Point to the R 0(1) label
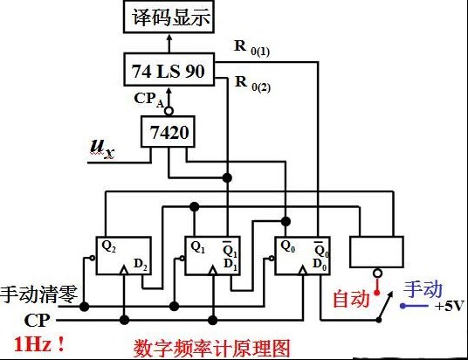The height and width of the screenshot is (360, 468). point(252,48)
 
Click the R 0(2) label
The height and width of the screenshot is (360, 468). point(252,84)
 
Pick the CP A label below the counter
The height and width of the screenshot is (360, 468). point(149,100)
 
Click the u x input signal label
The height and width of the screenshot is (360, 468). point(102,149)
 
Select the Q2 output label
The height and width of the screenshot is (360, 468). point(108,246)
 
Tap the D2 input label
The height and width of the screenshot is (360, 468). point(141,265)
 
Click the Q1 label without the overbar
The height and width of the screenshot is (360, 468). point(197,247)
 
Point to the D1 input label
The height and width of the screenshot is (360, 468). point(231,265)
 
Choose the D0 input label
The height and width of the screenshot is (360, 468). point(320,265)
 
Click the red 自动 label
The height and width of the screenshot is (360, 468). point(351,299)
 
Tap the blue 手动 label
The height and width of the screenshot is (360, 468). point(423,289)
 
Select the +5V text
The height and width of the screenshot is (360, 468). point(450,306)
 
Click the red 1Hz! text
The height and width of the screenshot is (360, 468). point(39,345)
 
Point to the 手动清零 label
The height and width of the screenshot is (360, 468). point(38,294)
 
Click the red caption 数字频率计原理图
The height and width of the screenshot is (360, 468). point(211,349)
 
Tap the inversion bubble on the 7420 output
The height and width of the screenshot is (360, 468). point(169,112)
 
